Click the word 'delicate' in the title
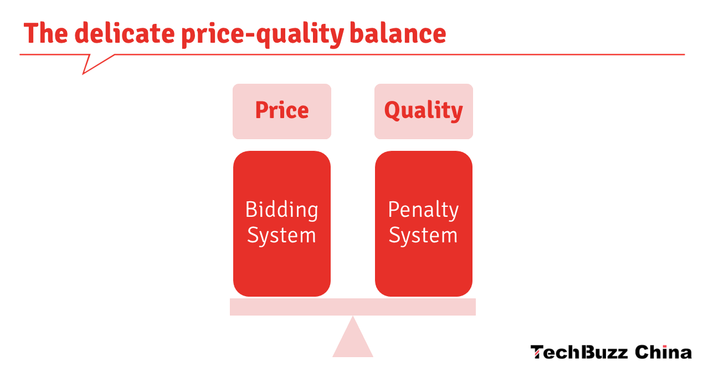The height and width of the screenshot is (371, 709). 124,33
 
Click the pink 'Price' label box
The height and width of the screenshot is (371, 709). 281,111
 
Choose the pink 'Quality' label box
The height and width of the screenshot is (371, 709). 423,111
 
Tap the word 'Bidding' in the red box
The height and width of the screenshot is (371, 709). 281,210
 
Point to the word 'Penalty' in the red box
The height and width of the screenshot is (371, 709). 423,210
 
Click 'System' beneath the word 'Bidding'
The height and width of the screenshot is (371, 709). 281,236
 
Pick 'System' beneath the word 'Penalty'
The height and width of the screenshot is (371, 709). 423,236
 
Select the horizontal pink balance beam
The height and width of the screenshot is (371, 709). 353,307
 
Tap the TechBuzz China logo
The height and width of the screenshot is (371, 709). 611,352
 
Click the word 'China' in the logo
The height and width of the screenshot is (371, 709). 663,352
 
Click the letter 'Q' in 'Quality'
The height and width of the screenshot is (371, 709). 392,110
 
